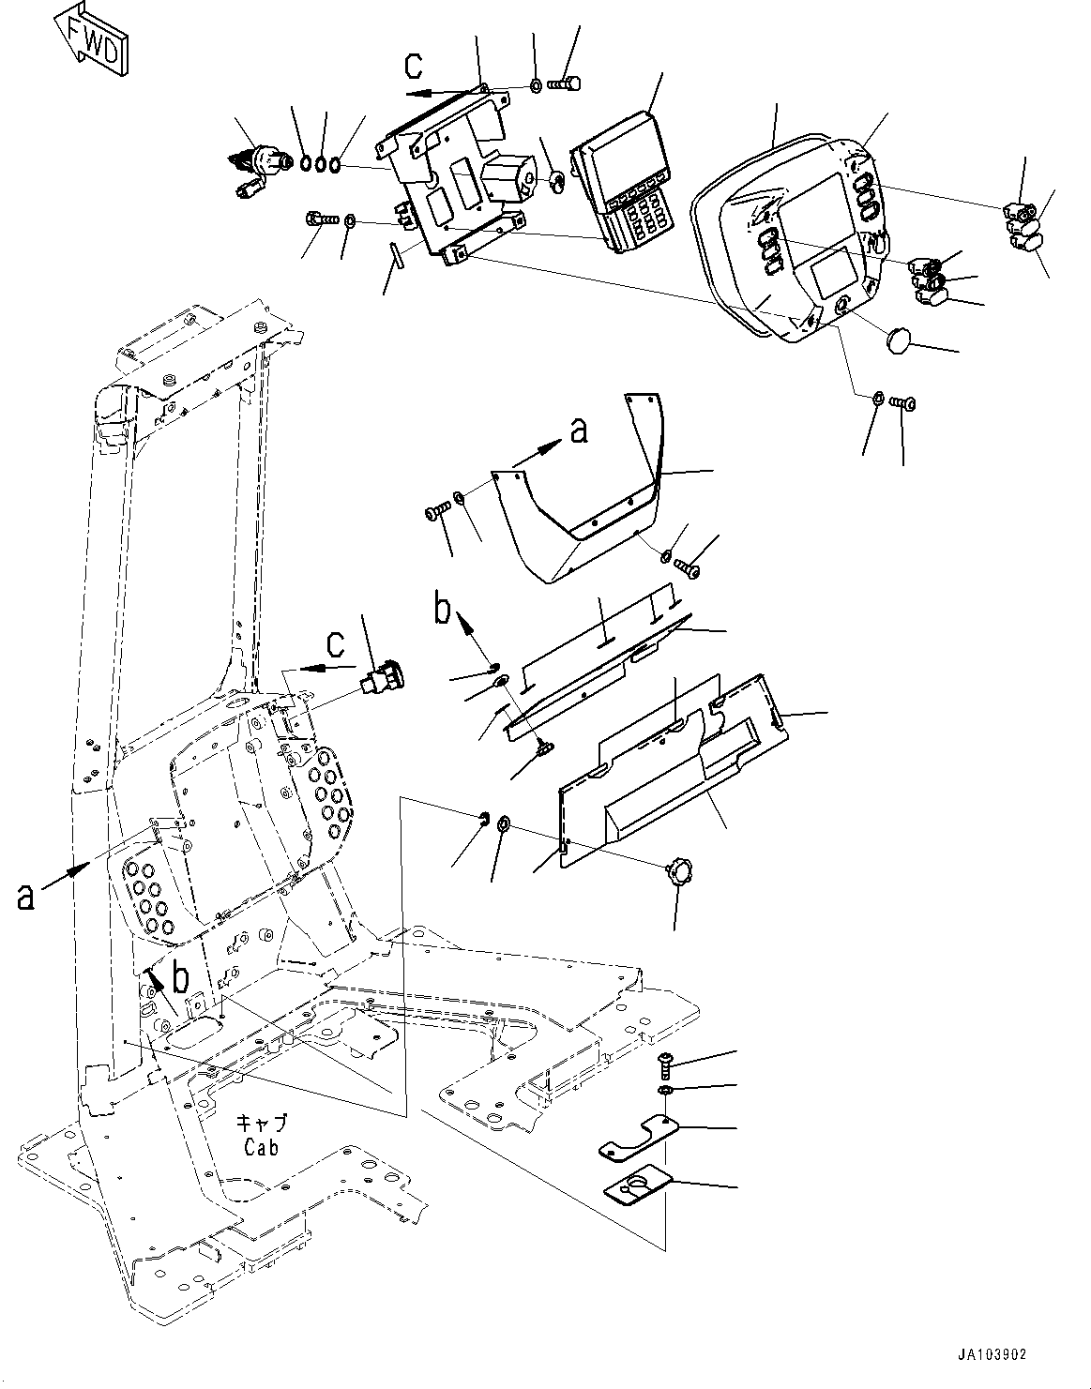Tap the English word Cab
(261, 1146)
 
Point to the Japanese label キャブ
(261, 1124)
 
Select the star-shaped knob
(677, 874)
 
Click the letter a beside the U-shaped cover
(579, 430)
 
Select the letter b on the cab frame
(180, 976)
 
